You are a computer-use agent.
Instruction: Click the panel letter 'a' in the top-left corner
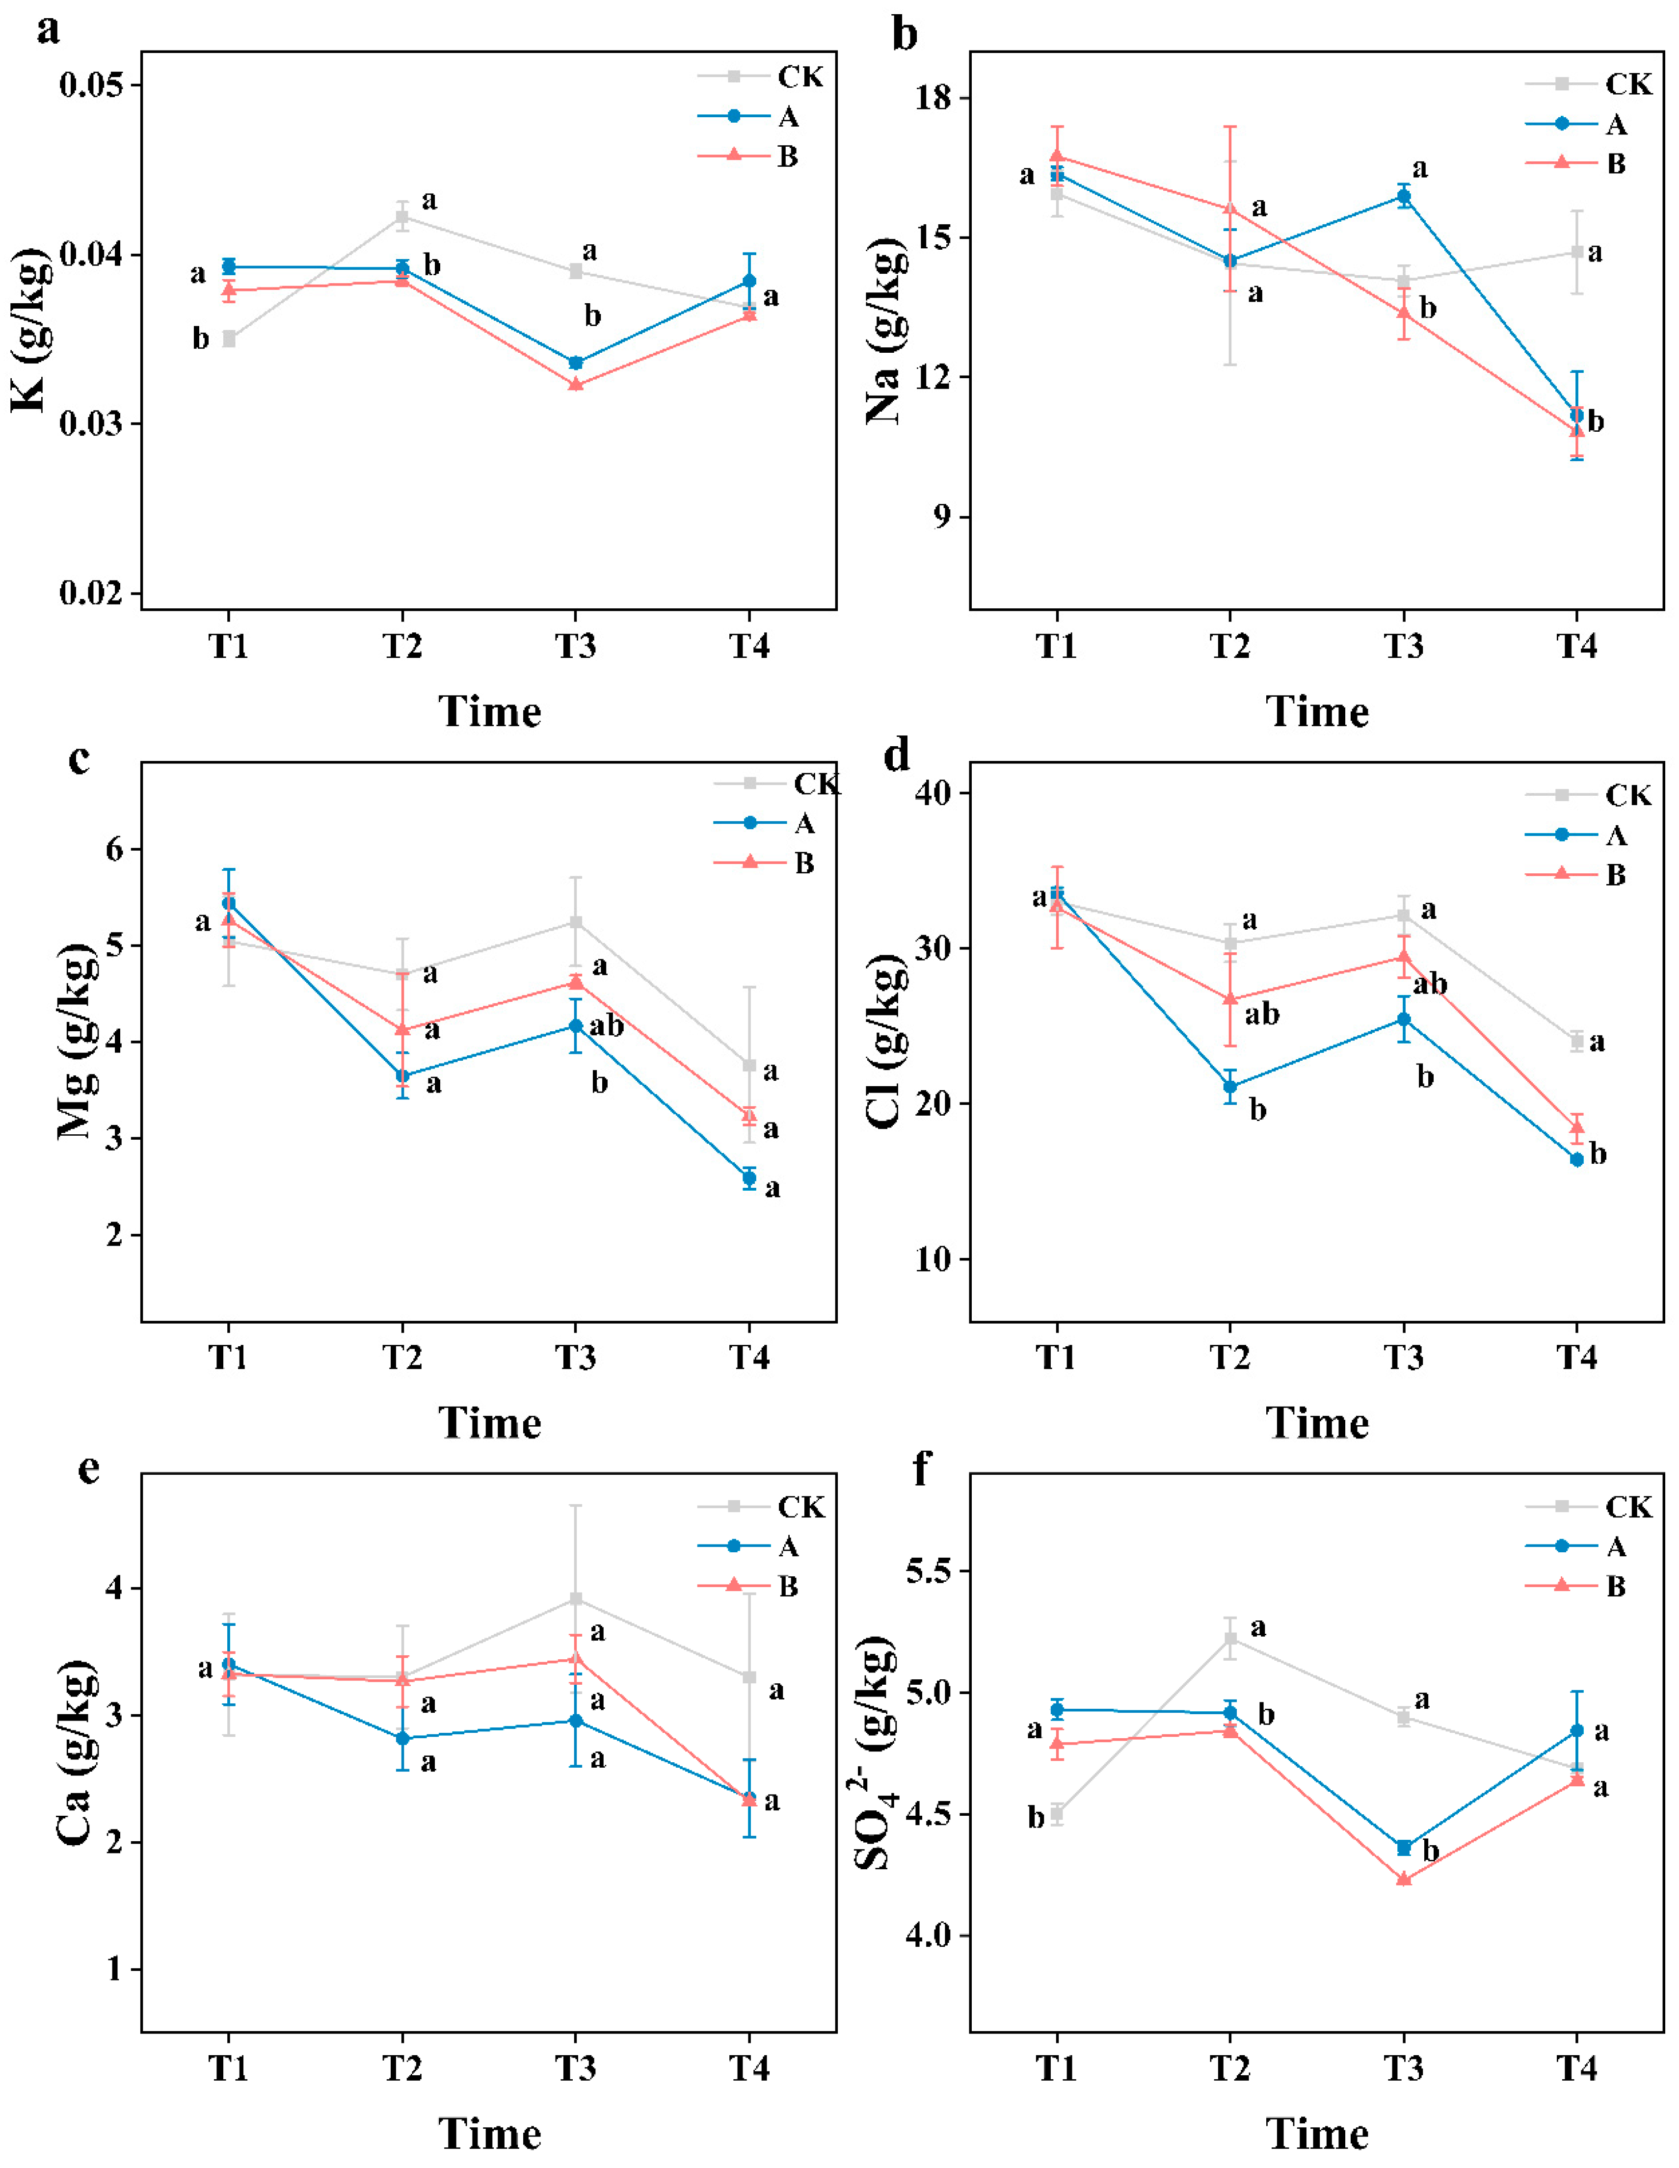[x=48, y=30]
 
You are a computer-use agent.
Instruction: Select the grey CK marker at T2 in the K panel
[x=402, y=216]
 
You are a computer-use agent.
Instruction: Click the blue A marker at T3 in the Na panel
[x=1403, y=197]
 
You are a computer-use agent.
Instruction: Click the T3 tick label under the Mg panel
[x=575, y=1356]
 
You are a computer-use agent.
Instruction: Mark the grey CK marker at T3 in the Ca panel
[x=575, y=1598]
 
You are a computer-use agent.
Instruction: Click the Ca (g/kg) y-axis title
[x=75, y=1752]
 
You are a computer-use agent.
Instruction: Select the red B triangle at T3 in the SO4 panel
[x=1403, y=1879]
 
